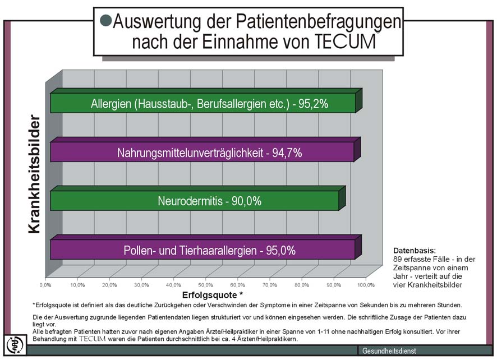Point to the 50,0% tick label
206,285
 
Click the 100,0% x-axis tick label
365,285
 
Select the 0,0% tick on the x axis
46,285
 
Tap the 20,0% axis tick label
110,285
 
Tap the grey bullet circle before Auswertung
105,21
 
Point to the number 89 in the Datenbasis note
398,259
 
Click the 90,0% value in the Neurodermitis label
244,201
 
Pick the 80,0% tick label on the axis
301,285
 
